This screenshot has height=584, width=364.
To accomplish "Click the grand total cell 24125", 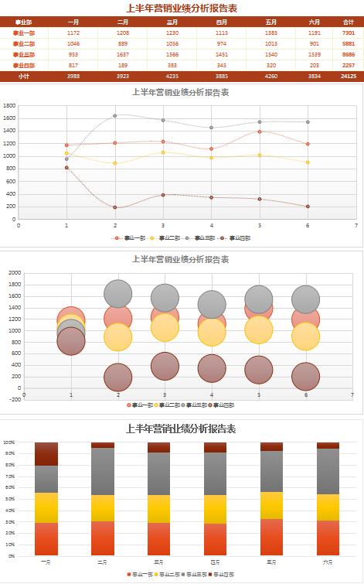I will click(349, 77).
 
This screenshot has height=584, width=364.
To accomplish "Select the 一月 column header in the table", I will click(73, 22).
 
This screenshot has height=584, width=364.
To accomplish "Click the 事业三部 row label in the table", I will click(24, 55).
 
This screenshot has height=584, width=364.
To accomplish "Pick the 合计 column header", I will click(349, 22).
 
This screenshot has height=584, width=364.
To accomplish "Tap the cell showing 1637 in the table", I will click(123, 55).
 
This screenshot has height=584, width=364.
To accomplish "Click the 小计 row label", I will click(24, 77).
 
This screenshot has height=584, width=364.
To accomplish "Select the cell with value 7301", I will click(349, 33).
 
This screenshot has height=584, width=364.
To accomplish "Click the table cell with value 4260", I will click(271, 77).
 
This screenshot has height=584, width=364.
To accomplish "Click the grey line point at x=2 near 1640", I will click(115, 116).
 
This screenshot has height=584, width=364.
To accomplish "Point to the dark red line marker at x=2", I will click(115, 207).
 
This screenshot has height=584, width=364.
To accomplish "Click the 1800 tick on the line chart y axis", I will click(9, 105).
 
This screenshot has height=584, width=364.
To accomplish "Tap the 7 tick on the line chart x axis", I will click(356, 226).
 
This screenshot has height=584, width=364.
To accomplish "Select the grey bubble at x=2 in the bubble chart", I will click(117, 294).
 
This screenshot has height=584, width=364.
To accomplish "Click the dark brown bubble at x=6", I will click(305, 376).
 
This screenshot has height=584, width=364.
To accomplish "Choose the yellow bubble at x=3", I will click(165, 327).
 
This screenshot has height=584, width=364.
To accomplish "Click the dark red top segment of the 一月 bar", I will click(46, 454).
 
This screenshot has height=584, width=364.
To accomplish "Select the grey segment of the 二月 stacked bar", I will click(103, 471).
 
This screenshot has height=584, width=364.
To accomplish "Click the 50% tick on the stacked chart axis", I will click(9, 499).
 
